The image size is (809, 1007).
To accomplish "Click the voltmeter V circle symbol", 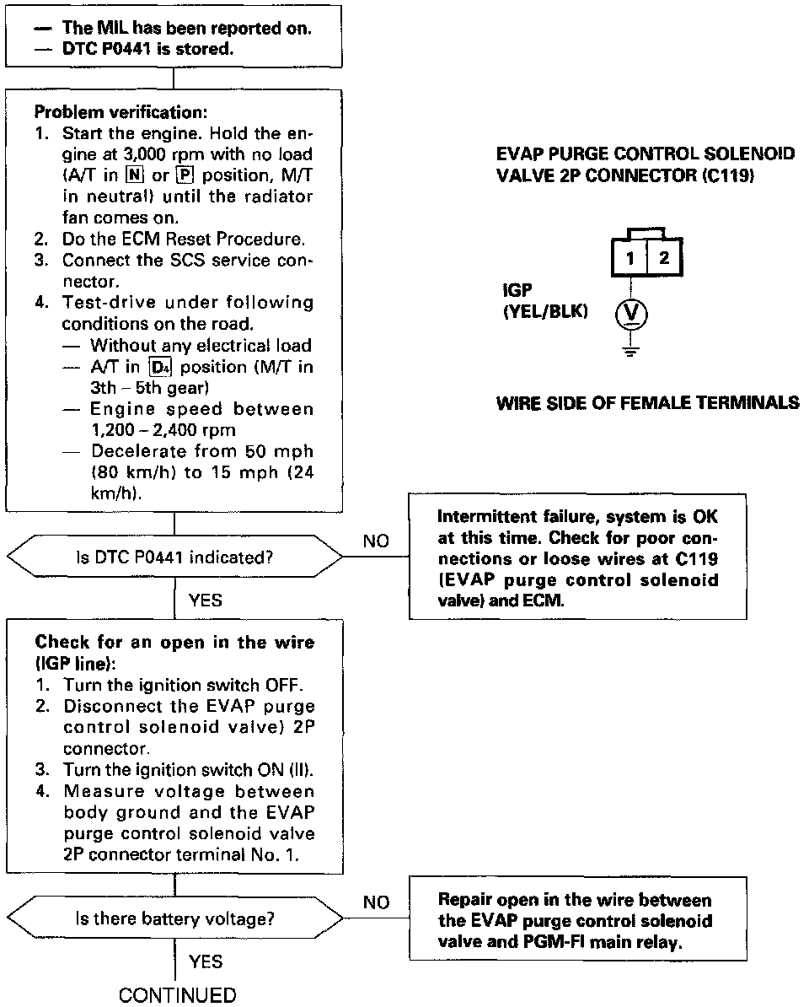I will (x=631, y=316).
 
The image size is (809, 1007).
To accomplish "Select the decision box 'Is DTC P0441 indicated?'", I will (x=174, y=557).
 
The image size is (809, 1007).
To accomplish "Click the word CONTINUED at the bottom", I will (x=178, y=995).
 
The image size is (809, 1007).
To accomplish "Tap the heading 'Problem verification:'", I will (x=121, y=112).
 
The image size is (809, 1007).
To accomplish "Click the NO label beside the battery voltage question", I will (x=376, y=903).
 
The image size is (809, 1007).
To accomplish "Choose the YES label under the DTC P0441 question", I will (x=206, y=600).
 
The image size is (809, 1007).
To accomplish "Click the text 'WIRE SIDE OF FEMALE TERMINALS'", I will (x=647, y=403).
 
